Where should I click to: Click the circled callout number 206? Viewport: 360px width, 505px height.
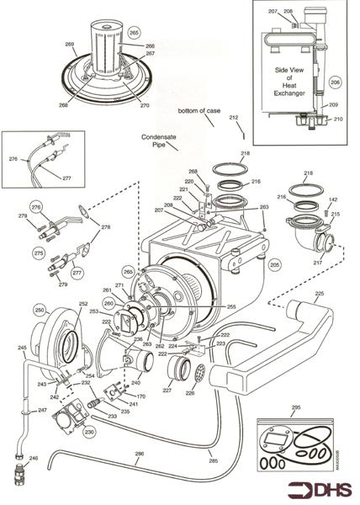(335, 83)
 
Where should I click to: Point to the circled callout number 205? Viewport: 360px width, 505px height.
(273, 263)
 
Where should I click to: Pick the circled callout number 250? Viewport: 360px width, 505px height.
(40, 311)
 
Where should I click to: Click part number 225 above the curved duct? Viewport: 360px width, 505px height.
(319, 294)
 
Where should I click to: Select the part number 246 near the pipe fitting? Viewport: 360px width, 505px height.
(34, 459)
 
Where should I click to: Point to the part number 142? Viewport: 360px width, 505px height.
(333, 200)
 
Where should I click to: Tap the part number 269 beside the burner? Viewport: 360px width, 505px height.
(70, 44)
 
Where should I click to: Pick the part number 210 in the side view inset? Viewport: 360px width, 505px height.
(338, 120)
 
